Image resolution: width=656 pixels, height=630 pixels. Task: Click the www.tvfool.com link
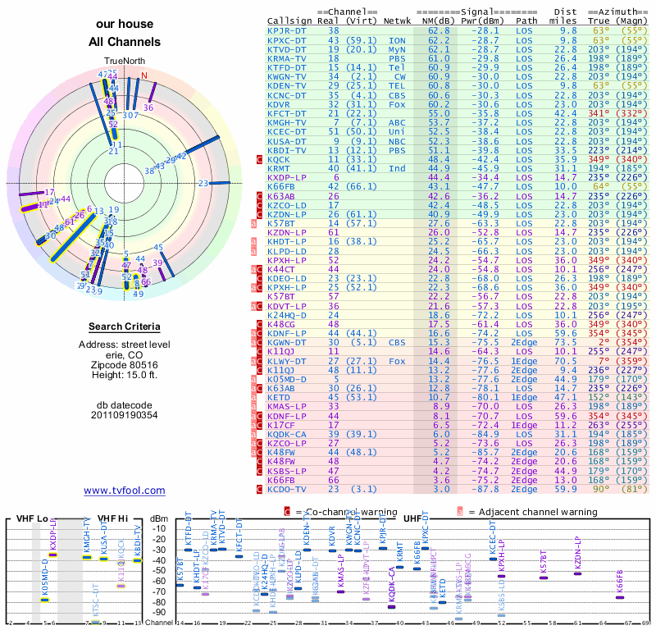125,491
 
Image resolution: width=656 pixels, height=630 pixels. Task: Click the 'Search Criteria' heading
125,326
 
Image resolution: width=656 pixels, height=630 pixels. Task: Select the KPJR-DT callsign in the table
287,30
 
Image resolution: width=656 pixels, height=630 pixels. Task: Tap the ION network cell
397,39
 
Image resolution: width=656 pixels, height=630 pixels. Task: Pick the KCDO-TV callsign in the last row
287,489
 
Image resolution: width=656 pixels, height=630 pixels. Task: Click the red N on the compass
144,76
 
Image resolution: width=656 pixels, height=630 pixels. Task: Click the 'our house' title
124,25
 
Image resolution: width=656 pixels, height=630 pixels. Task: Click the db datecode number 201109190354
125,414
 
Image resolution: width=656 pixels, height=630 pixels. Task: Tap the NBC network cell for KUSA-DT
397,140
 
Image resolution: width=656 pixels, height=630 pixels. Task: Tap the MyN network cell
397,49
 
